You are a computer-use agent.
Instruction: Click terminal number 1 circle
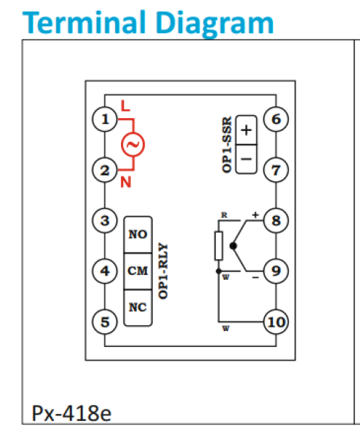106,119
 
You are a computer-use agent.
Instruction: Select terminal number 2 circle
106,171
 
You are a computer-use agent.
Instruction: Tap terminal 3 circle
106,220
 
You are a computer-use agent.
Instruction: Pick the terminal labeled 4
106,271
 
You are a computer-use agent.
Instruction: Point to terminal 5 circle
106,322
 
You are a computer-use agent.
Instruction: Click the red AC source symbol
132,145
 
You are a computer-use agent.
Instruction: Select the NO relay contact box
138,235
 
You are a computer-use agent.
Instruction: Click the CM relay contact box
138,271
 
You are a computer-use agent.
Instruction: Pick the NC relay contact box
138,307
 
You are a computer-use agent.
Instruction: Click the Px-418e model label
71,413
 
